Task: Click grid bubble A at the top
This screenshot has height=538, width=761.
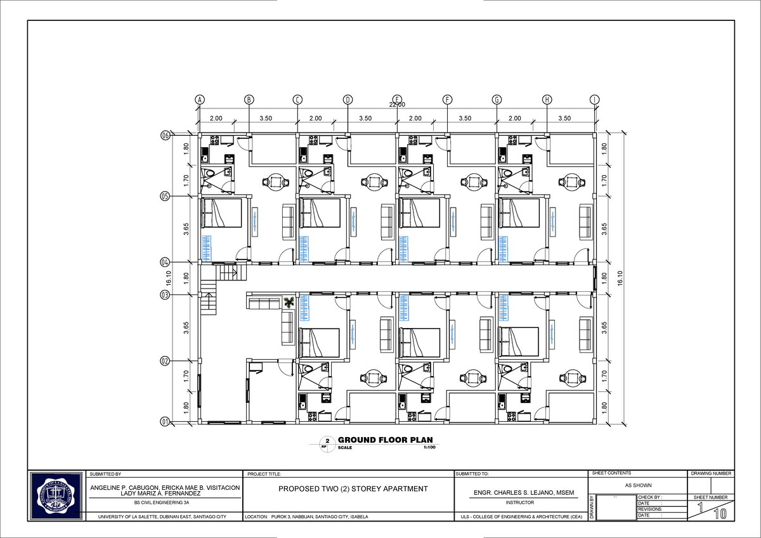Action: pos(199,100)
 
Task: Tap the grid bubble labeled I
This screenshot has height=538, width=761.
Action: pos(594,100)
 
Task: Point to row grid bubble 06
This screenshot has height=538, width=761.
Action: pos(165,135)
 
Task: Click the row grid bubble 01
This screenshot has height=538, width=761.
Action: pos(165,421)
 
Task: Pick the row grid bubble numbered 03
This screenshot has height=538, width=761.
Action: pos(165,295)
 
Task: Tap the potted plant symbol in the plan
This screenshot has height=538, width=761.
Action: pos(289,301)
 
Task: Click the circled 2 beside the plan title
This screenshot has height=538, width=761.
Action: pos(327,441)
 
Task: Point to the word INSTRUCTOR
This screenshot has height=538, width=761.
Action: pos(519,502)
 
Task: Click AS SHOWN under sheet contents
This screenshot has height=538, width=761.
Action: pos(638,485)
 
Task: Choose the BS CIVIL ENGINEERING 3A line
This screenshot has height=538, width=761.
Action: pos(166,502)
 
